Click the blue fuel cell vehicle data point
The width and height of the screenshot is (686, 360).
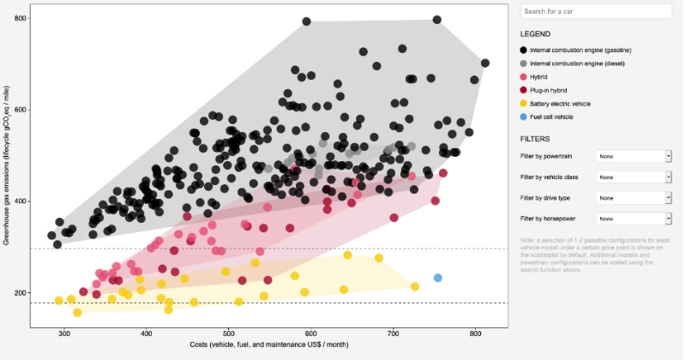pyautogui.click(x=437, y=278)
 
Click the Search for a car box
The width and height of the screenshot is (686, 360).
pyautogui.click(x=596, y=11)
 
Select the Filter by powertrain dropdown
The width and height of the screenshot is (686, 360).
pyautogui.click(x=634, y=156)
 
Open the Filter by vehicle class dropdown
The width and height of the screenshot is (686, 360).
pyautogui.click(x=634, y=177)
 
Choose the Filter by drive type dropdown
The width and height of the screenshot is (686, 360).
pyautogui.click(x=634, y=198)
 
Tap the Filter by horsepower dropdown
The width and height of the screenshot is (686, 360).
pyautogui.click(x=634, y=219)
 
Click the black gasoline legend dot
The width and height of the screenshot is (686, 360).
pyautogui.click(x=524, y=51)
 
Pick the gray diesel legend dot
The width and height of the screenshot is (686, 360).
pyautogui.click(x=524, y=63)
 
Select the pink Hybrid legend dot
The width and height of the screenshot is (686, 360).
pyautogui.click(x=524, y=77)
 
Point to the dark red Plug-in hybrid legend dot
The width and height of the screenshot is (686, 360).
pyautogui.click(x=524, y=90)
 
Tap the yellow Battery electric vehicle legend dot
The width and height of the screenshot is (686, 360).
pyautogui.click(x=524, y=103)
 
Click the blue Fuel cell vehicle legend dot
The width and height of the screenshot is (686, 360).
pyautogui.click(x=524, y=117)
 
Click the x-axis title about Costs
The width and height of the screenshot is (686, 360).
pyautogui.click(x=269, y=347)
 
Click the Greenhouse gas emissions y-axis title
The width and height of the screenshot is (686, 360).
pyautogui.click(x=7, y=166)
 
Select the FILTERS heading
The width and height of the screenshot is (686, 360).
pyautogui.click(x=536, y=138)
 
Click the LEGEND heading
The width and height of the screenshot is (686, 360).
pyautogui.click(x=535, y=33)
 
